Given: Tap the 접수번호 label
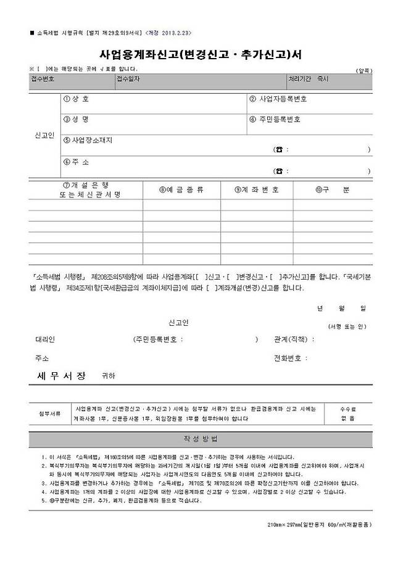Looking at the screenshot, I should [x=43, y=80].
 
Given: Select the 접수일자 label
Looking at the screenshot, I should [x=129, y=80].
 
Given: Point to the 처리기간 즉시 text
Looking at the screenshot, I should [x=309, y=80].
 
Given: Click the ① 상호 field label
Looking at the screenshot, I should [x=77, y=99].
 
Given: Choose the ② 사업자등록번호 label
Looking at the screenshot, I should [x=278, y=99].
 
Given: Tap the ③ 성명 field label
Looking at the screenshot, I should [x=77, y=120].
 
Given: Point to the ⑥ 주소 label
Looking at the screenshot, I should [x=77, y=162].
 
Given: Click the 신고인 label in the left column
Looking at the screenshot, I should [x=44, y=135].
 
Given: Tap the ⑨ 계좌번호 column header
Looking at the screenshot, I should [x=257, y=190].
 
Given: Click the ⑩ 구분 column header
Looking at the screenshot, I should [x=332, y=190].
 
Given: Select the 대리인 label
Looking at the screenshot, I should [x=45, y=339].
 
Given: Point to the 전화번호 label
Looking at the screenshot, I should [x=288, y=358].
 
